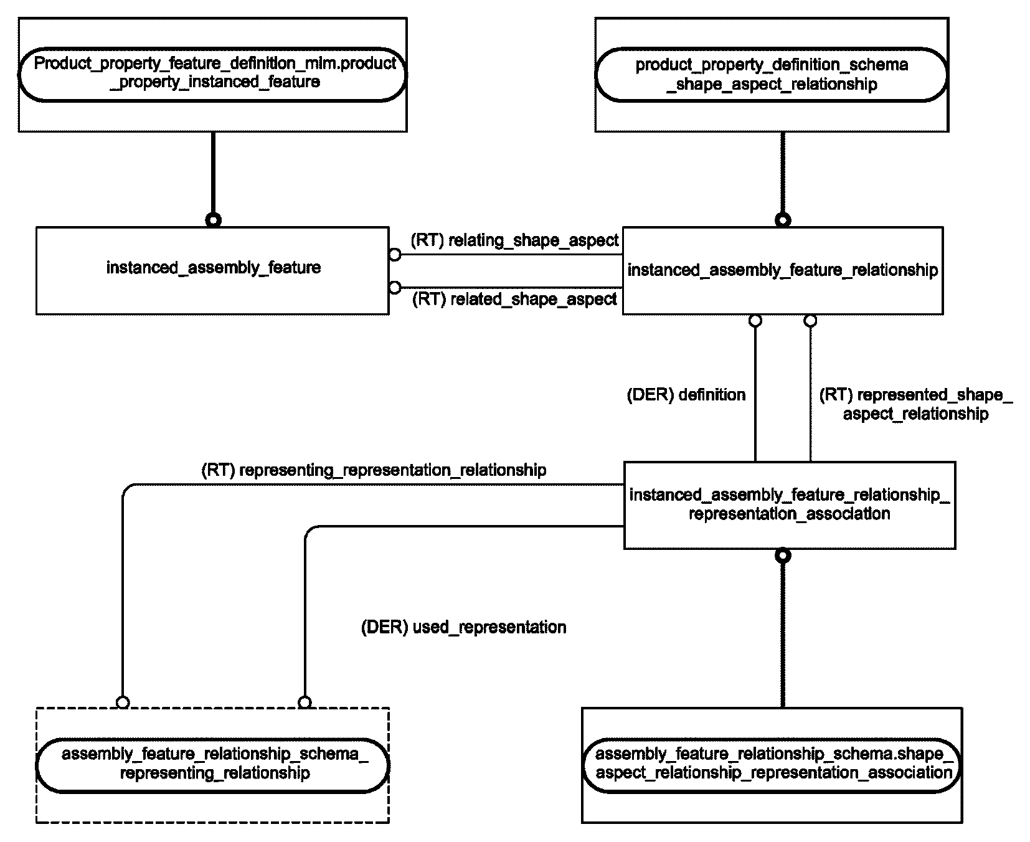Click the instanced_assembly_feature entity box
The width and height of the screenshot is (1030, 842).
(212, 270)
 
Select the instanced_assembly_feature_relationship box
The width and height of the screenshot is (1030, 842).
(783, 270)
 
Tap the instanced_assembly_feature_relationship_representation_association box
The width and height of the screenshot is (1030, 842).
(790, 505)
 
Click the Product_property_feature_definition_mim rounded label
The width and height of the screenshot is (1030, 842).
(212, 74)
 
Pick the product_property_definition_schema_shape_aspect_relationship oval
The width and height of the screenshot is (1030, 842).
(772, 75)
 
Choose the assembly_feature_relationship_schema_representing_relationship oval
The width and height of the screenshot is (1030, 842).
(212, 765)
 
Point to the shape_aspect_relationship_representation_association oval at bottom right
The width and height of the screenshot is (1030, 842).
(772, 765)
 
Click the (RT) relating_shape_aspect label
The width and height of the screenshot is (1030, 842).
(514, 240)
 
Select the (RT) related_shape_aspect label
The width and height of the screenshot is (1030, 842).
(514, 300)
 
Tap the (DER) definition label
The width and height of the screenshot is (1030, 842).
(686, 395)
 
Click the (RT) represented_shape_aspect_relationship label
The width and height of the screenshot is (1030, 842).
(915, 404)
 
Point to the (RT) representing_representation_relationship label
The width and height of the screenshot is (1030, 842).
(374, 470)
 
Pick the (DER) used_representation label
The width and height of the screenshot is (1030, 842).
(464, 627)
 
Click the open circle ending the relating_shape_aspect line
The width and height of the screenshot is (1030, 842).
(395, 255)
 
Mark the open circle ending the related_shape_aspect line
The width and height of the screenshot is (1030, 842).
(395, 287)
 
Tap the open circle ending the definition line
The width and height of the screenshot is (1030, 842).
(755, 321)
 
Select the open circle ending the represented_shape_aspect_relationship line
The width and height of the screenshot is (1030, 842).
(810, 321)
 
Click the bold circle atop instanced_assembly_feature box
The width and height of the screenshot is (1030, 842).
(213, 220)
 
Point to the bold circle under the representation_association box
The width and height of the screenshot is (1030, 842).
(783, 556)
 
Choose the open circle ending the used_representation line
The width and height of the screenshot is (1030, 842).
(305, 702)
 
